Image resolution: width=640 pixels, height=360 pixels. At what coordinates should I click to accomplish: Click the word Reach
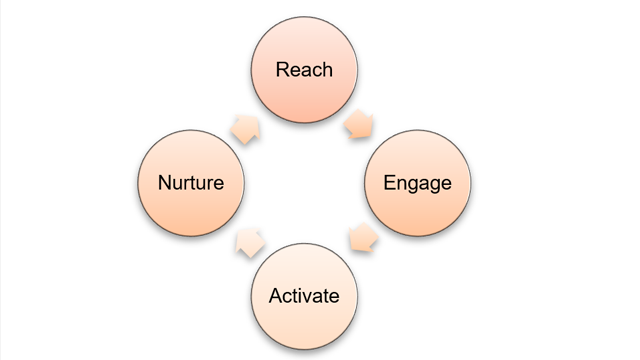pos(305,70)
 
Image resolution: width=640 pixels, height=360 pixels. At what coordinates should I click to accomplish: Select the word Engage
pos(418,184)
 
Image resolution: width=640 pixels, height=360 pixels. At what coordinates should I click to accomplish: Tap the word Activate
pos(304,296)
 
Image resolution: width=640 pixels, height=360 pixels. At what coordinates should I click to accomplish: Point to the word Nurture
pos(190,184)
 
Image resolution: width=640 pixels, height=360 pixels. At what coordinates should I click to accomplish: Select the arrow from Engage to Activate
pos(360,240)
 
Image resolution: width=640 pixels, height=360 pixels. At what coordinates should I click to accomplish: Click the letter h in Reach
pos(326,70)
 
